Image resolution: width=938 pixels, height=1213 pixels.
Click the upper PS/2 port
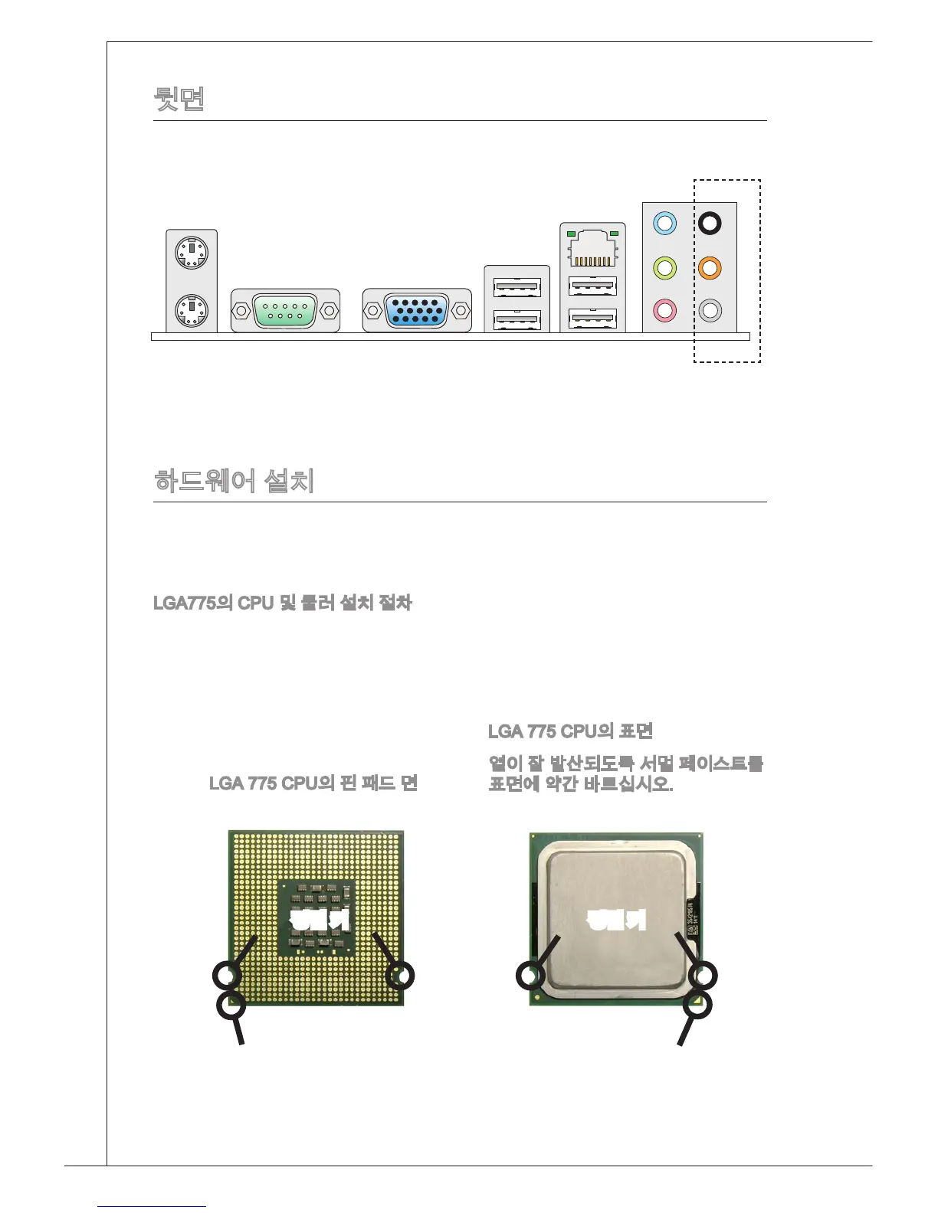(192, 252)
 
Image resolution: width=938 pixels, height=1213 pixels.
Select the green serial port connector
(285, 311)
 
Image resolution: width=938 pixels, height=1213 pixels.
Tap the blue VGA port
(417, 311)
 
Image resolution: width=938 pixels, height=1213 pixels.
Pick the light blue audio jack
(664, 224)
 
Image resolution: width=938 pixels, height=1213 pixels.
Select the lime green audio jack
(664, 268)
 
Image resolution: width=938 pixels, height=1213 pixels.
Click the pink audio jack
(664, 311)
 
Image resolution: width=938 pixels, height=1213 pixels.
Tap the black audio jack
(710, 224)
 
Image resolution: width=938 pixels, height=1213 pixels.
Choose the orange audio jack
(710, 268)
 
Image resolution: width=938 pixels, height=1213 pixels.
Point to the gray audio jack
(710, 311)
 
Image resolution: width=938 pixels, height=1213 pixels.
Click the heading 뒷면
(179, 98)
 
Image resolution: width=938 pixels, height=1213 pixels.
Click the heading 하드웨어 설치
(235, 481)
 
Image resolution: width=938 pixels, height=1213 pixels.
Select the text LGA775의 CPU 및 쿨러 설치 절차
(283, 603)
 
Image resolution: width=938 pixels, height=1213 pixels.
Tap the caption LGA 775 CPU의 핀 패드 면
(313, 783)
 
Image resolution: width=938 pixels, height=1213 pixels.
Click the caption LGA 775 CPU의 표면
(570, 731)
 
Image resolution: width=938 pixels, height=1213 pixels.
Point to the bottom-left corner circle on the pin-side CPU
(231, 1005)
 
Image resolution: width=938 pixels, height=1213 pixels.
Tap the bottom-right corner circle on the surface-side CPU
(698, 1005)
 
